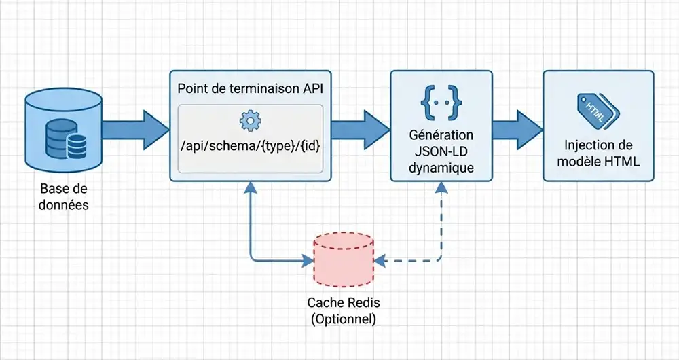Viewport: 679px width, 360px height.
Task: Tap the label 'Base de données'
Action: click(x=65, y=196)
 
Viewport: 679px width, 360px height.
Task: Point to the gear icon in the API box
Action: click(x=251, y=121)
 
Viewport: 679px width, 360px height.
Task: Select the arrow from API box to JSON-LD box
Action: click(x=361, y=125)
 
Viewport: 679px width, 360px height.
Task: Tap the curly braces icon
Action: click(x=441, y=102)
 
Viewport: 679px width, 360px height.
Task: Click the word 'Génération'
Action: click(x=441, y=135)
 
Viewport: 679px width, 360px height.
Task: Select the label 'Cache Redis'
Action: click(x=343, y=303)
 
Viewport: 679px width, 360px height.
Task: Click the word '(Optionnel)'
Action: click(x=343, y=318)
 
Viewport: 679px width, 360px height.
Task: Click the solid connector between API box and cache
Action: click(x=251, y=231)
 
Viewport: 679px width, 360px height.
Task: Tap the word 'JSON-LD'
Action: click(x=441, y=151)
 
